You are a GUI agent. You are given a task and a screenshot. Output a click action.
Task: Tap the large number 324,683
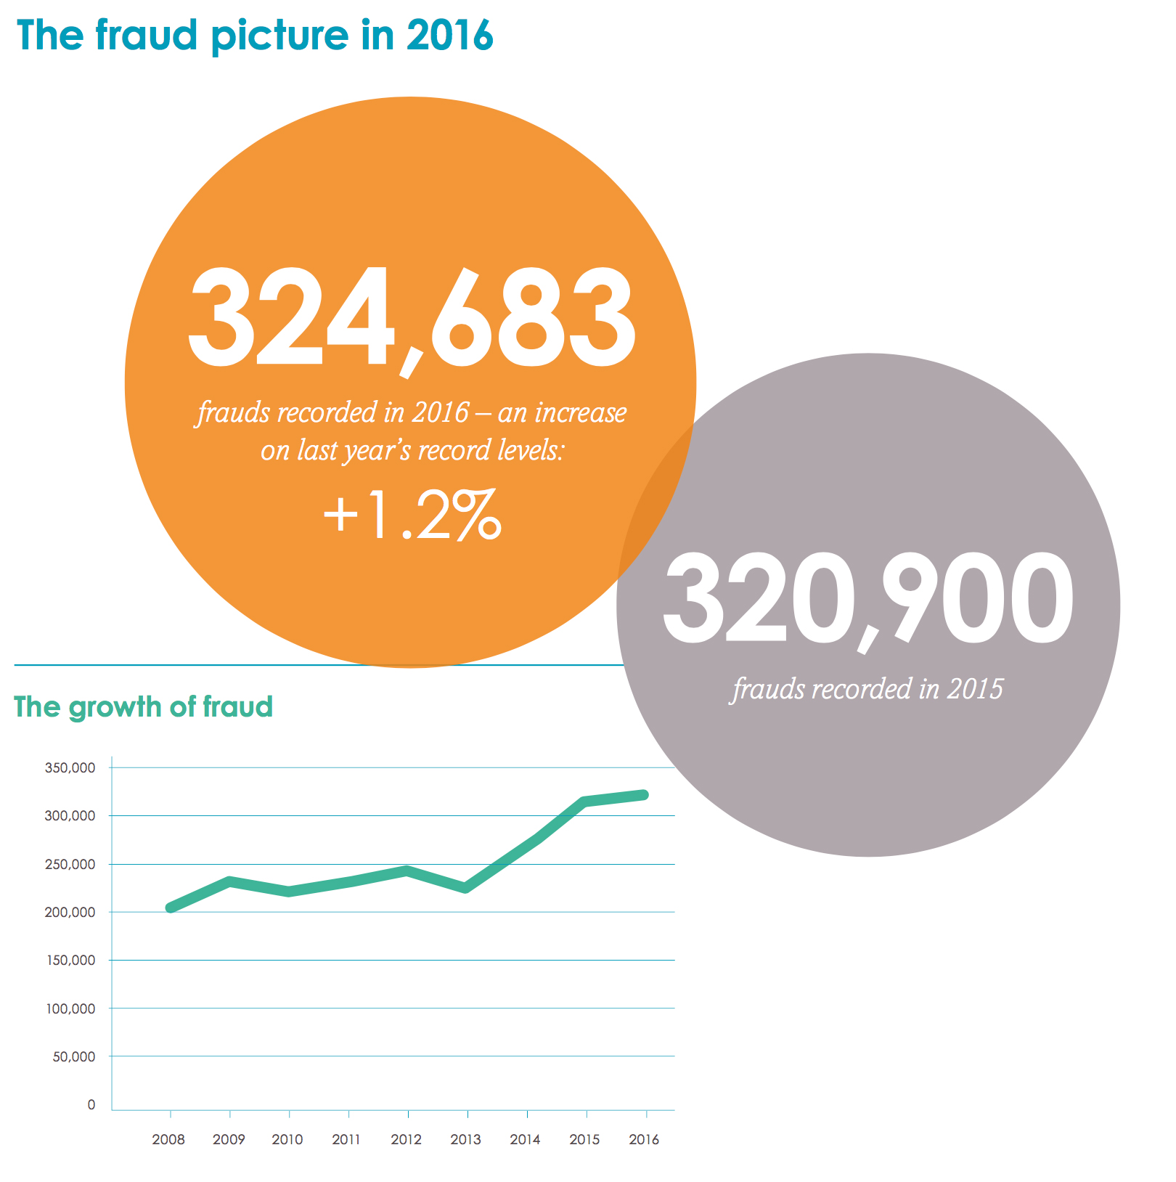[412, 318]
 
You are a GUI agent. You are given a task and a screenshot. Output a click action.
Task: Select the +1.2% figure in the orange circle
[412, 515]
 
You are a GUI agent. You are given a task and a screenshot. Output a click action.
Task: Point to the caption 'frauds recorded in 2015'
[867, 689]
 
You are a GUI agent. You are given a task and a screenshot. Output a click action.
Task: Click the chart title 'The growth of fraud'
[143, 707]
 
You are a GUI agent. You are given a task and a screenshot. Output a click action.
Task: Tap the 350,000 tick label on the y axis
[70, 767]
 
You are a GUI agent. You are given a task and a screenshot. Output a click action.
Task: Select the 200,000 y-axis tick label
[70, 912]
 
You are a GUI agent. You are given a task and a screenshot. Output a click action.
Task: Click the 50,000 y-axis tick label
[74, 1056]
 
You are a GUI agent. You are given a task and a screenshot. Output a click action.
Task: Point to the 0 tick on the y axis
[91, 1104]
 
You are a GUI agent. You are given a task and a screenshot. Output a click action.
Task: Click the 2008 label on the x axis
[168, 1139]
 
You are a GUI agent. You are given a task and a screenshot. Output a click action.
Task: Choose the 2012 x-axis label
[407, 1139]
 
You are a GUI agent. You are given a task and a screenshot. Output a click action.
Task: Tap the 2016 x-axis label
[644, 1139]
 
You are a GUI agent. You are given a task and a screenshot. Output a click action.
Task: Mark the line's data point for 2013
[466, 888]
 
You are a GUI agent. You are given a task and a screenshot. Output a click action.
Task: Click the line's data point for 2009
[229, 881]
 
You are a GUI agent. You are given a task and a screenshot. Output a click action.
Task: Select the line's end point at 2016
[644, 795]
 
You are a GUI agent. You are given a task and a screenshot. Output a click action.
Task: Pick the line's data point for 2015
[585, 802]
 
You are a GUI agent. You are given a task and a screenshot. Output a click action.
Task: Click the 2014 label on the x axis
[525, 1139]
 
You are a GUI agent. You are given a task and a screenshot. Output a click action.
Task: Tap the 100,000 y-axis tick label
[70, 1008]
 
